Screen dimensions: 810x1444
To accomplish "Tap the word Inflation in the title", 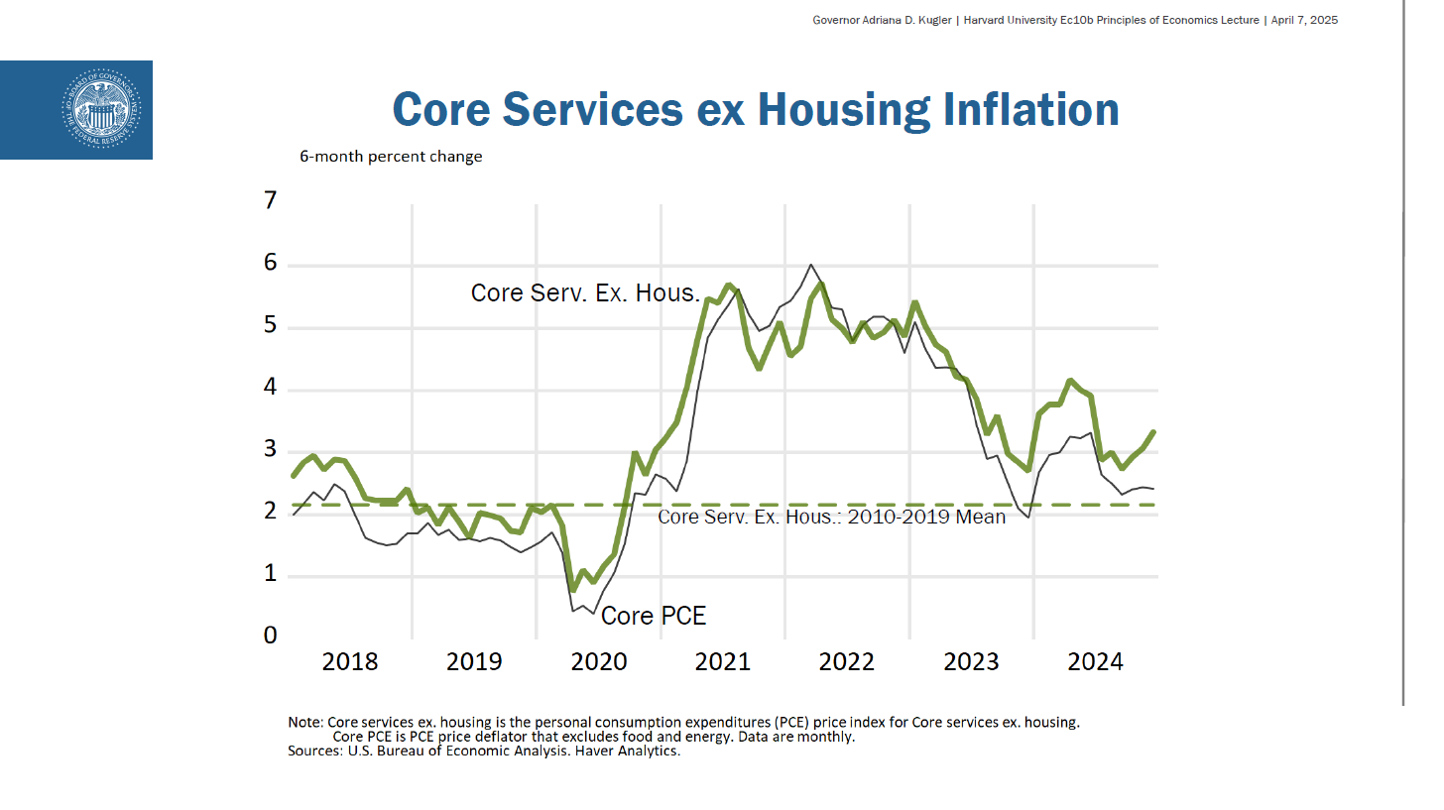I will [x=1031, y=108].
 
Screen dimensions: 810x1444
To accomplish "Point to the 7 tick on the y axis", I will [x=271, y=202].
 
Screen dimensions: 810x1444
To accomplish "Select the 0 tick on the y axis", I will [x=271, y=636].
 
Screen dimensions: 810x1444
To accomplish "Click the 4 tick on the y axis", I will [x=271, y=389].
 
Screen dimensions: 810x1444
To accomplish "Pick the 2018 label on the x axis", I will [x=350, y=661].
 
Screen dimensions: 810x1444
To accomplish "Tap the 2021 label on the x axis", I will [x=722, y=661].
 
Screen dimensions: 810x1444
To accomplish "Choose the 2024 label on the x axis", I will [x=1095, y=661].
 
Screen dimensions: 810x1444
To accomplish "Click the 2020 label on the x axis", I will [x=598, y=661].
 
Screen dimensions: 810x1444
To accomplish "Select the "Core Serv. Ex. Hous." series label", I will [x=585, y=293].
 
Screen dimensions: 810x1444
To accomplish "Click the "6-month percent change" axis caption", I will [x=391, y=157].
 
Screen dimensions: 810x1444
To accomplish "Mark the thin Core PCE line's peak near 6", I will [x=811, y=265].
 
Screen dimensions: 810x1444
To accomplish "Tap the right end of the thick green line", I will [x=1152, y=431].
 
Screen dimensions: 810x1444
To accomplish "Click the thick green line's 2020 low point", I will [x=573, y=590].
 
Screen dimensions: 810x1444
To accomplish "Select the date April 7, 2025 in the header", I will [x=1304, y=20].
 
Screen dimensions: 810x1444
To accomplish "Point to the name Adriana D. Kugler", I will [x=892, y=20].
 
